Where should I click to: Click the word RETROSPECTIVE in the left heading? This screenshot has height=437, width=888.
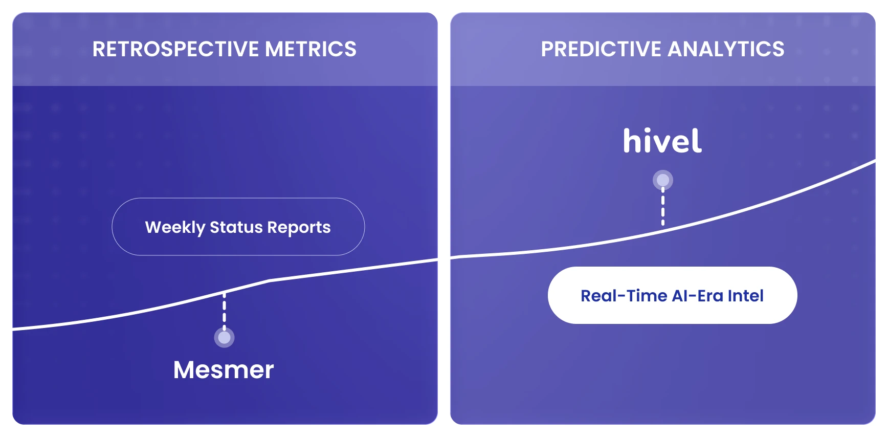176,49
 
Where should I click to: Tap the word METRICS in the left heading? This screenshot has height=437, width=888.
310,49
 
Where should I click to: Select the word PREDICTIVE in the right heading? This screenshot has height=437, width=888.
601,49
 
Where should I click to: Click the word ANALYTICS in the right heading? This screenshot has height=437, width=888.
726,49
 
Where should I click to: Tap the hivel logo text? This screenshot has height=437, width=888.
662,141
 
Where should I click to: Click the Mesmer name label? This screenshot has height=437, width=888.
224,369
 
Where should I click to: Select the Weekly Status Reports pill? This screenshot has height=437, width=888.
238,227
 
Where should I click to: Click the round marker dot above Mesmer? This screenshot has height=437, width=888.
224,338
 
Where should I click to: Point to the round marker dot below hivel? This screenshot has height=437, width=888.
663,180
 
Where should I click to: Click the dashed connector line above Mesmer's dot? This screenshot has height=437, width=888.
224,311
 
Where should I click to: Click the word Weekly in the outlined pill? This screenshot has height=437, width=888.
175,227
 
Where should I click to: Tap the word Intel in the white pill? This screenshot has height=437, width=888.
745,296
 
